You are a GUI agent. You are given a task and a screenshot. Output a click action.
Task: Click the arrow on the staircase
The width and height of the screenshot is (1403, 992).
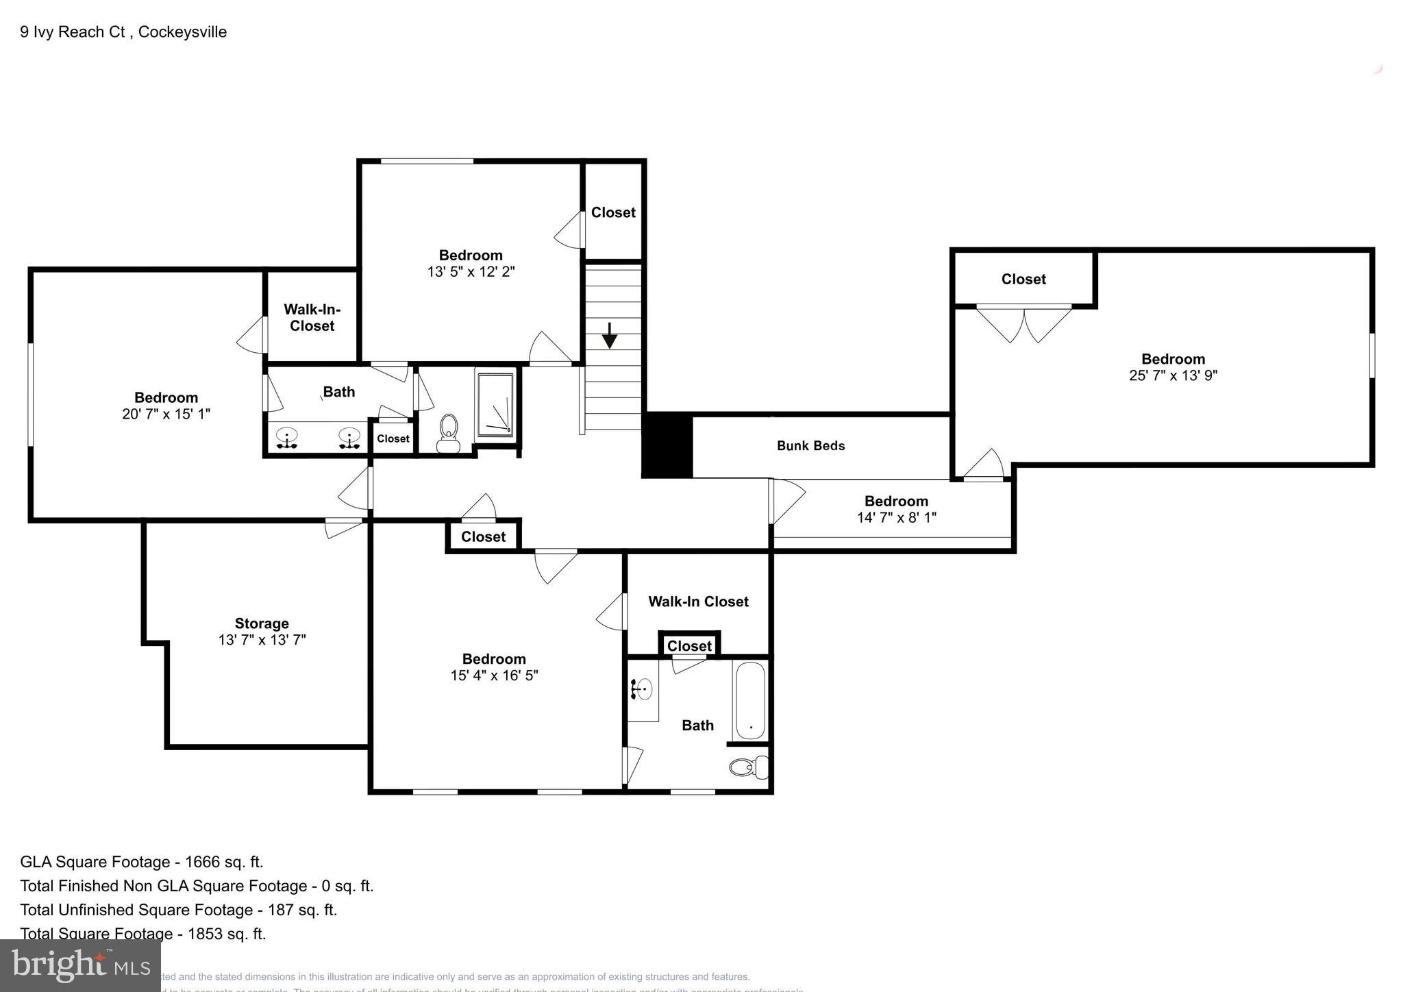click(x=609, y=335)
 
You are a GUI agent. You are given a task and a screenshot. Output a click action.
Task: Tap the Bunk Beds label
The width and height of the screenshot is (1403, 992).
click(x=810, y=446)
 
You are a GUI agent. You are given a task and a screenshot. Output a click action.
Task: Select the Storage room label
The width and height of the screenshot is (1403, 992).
click(x=262, y=623)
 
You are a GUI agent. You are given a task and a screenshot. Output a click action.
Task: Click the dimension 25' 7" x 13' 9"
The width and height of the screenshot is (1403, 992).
click(x=1173, y=375)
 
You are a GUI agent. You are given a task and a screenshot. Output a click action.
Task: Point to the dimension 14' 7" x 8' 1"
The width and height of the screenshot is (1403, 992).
click(x=896, y=518)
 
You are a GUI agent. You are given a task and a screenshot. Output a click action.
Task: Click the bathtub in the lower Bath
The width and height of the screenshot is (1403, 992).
click(x=750, y=700)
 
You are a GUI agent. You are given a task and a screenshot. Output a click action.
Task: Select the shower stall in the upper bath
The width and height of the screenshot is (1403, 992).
click(x=495, y=404)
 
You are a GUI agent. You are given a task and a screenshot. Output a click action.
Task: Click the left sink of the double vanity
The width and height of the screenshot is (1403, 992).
click(x=287, y=437)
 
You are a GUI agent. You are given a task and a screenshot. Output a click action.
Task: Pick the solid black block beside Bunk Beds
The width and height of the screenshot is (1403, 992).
click(x=667, y=445)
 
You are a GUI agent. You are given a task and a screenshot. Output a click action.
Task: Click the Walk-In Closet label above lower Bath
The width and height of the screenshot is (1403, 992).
click(x=698, y=602)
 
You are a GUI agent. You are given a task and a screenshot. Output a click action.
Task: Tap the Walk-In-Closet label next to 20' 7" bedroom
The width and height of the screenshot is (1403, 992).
click(x=312, y=318)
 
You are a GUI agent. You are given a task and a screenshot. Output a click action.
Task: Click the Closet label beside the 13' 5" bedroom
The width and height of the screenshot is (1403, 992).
click(x=613, y=212)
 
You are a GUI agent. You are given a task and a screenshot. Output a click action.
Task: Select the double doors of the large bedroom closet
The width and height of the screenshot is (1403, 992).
click(x=1023, y=324)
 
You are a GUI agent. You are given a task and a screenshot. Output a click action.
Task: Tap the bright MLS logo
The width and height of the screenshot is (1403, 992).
click(x=80, y=966)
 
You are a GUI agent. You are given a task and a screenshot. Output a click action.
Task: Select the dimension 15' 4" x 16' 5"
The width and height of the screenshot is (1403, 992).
click(x=494, y=675)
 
